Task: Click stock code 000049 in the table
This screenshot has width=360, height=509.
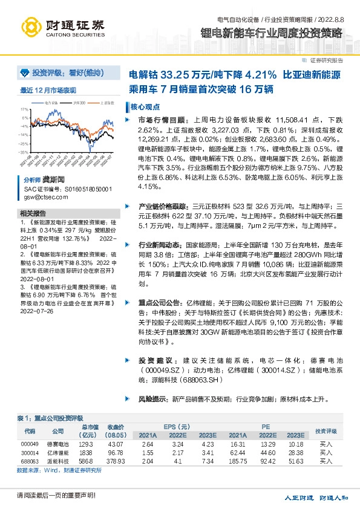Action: coord(29,444)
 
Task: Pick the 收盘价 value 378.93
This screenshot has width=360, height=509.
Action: coord(115,461)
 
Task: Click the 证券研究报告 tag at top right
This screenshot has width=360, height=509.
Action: coord(327,60)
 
